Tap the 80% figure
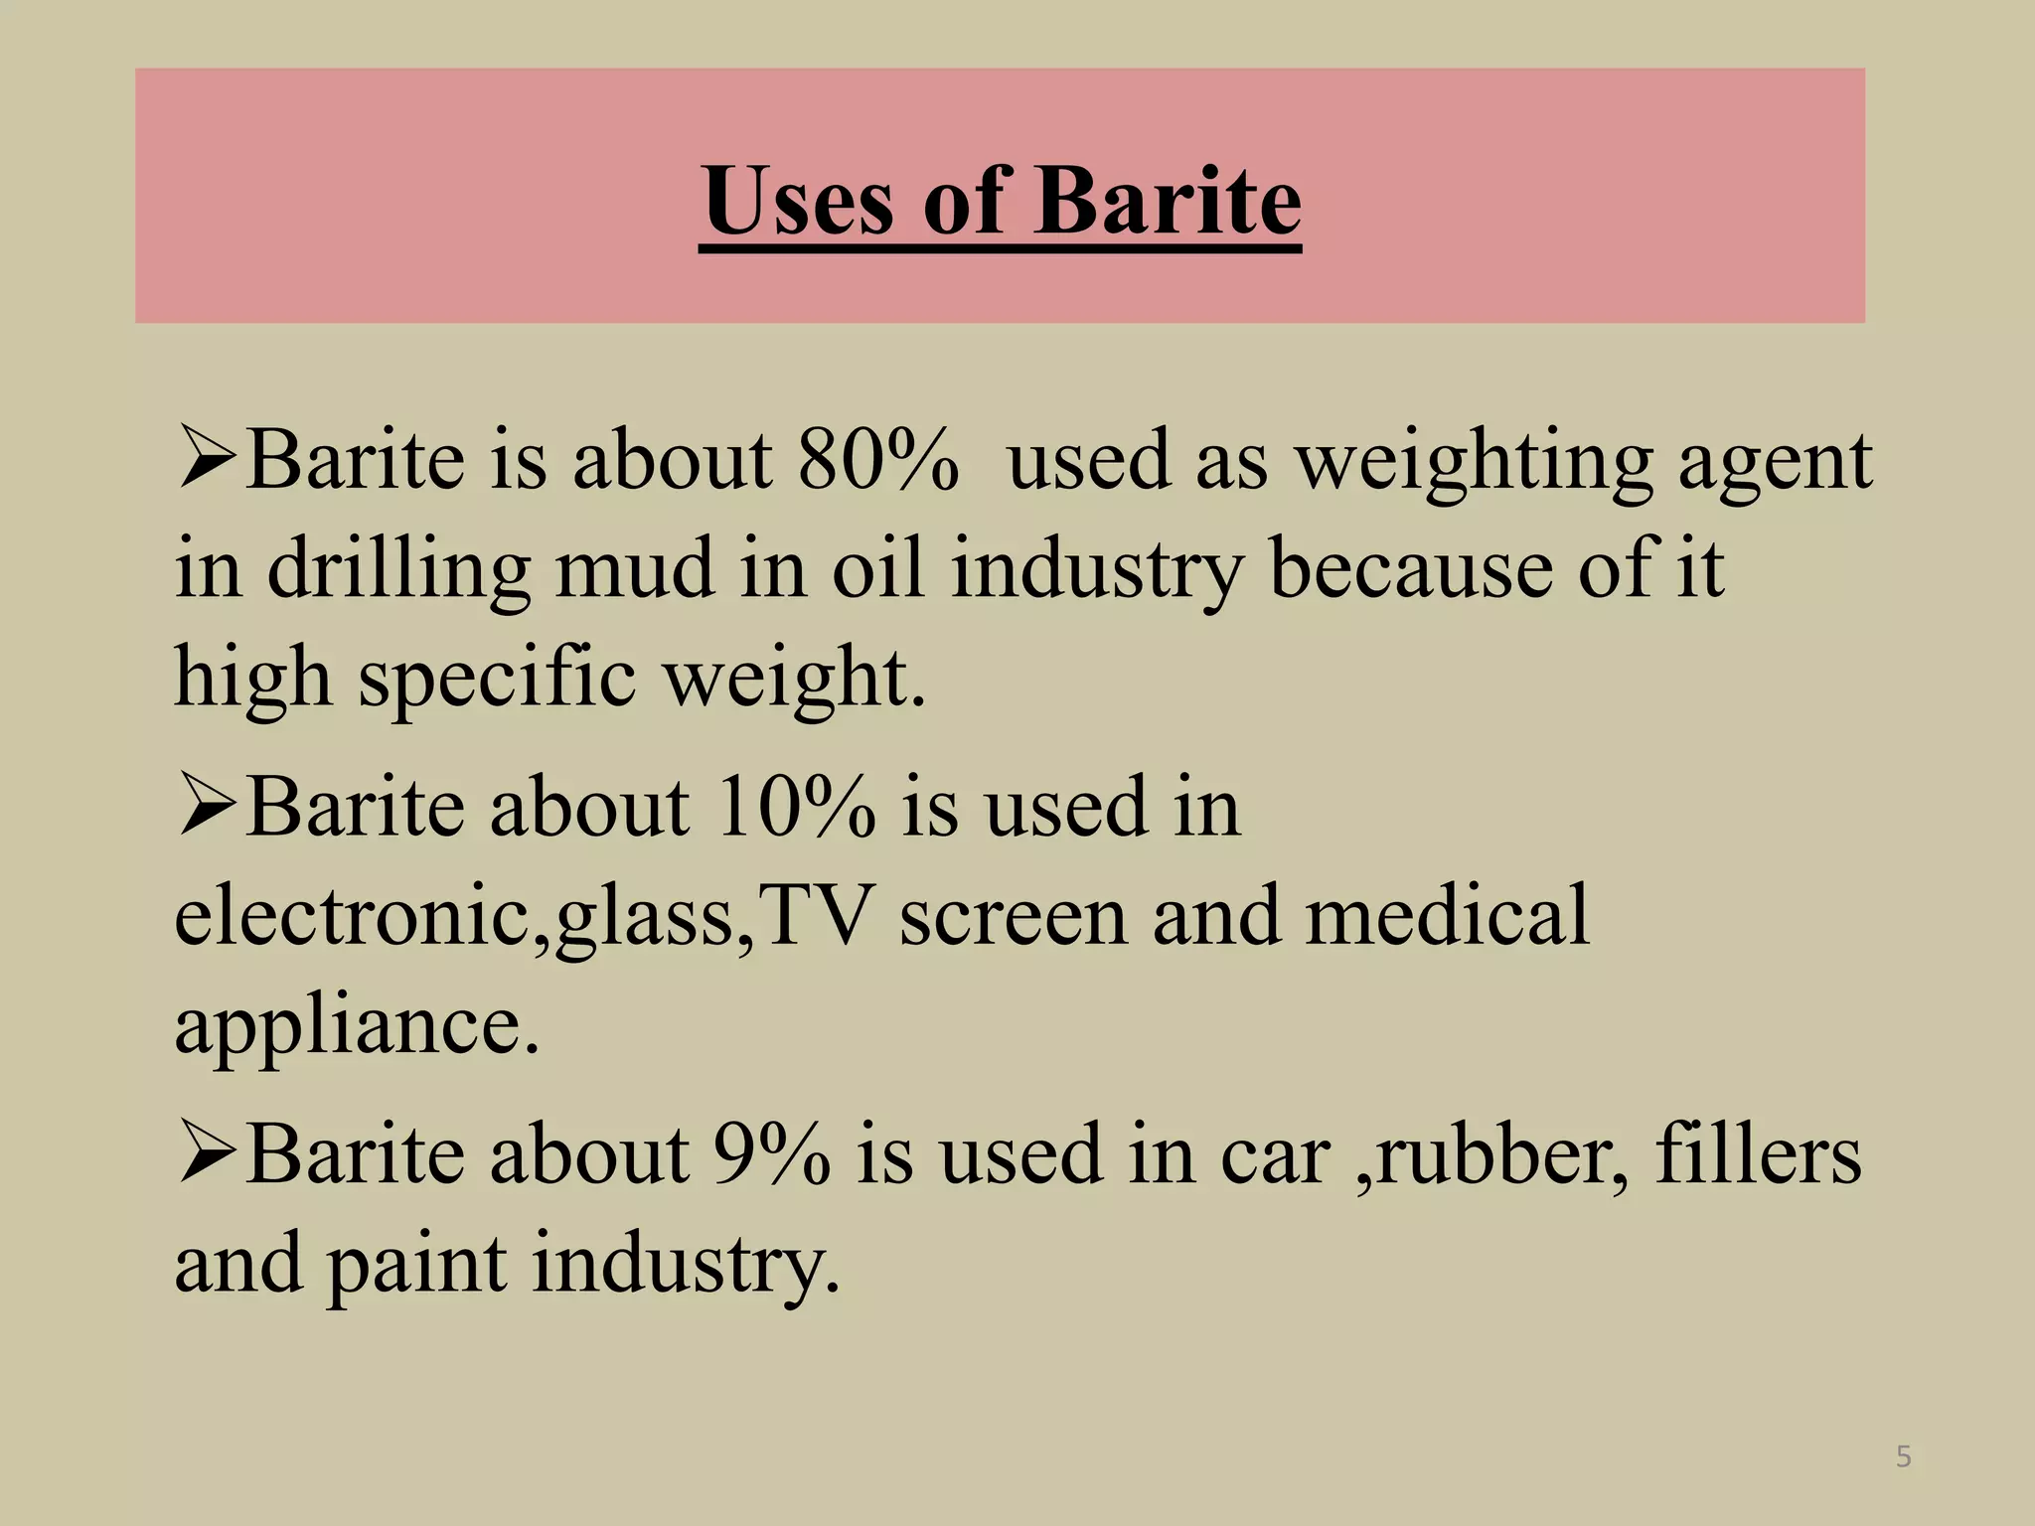[878, 461]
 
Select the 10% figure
[795, 807]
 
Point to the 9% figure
[772, 1154]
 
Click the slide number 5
[1903, 1456]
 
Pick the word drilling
[398, 570]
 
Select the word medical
[1447, 915]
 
